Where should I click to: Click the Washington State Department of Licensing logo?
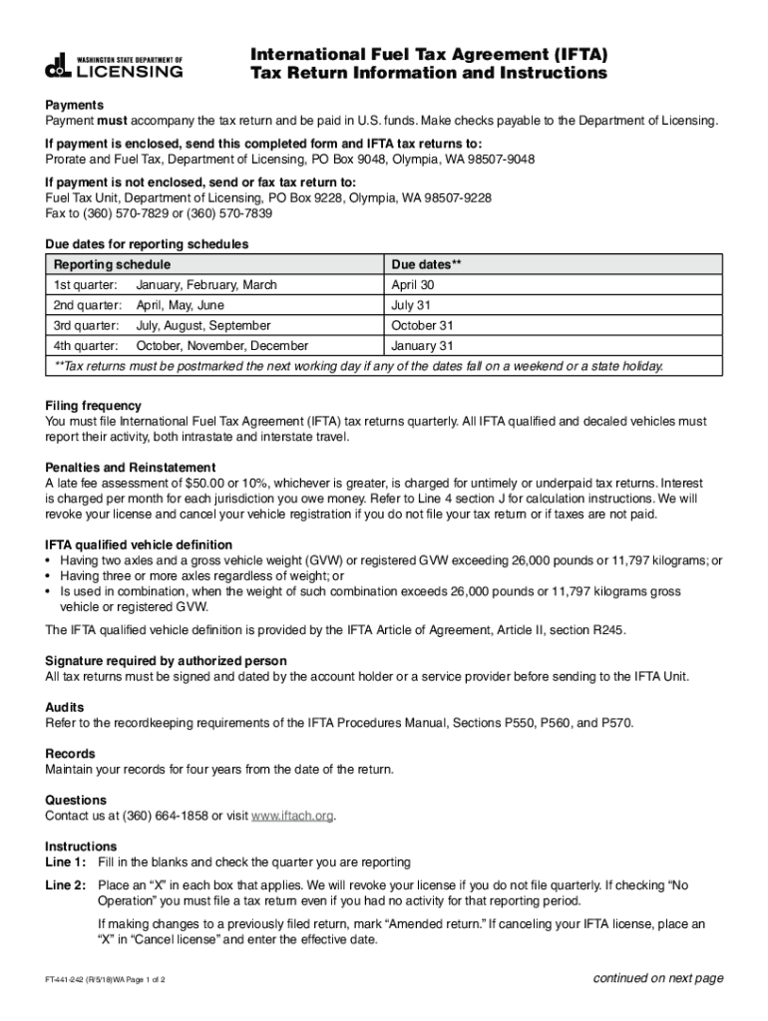pos(114,65)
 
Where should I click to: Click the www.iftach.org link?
pos(292,816)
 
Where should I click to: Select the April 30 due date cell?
pos(413,285)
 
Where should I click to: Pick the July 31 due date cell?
pos(410,305)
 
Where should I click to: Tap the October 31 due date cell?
pos(422,325)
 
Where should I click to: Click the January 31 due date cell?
pos(422,346)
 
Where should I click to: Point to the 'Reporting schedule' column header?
pos(112,265)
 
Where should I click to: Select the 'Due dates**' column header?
pos(426,265)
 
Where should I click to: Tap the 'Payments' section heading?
pos(75,105)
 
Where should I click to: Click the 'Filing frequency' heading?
pos(93,406)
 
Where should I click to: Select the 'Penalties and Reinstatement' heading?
pos(130,468)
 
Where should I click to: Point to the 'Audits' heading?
pos(65,707)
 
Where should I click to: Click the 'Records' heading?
pos(70,754)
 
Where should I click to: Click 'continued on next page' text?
pos(657,978)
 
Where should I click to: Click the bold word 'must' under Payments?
pos(111,121)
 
